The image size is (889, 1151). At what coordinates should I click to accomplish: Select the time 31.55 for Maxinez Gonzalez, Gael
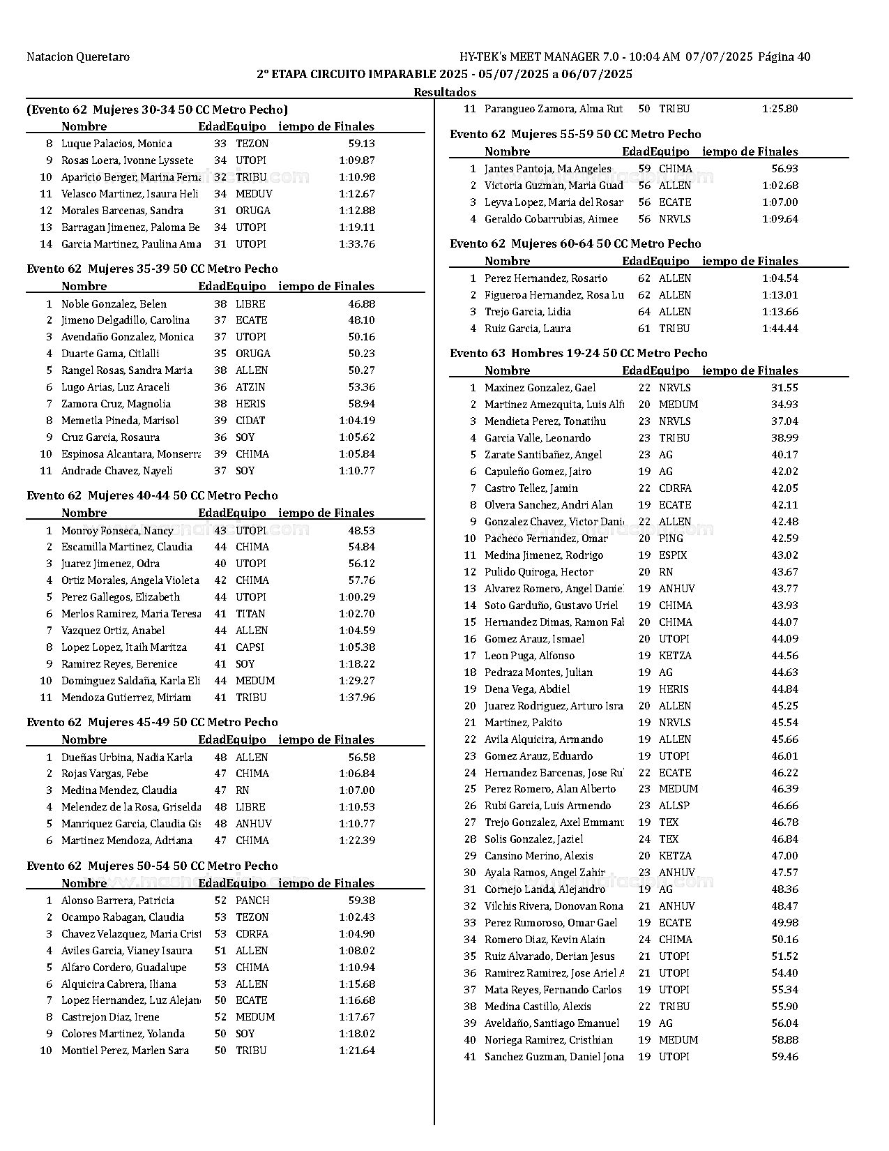pyautogui.click(x=784, y=388)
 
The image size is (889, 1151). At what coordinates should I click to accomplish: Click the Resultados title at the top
pyautogui.click(x=444, y=92)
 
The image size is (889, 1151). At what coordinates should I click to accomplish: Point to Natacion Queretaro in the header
pyautogui.click(x=78, y=57)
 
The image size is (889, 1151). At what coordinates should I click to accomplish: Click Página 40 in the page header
pyautogui.click(x=784, y=57)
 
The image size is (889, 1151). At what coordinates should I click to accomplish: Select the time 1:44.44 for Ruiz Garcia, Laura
pyautogui.click(x=780, y=329)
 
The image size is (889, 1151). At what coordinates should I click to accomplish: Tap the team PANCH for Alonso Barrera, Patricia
pyautogui.click(x=252, y=901)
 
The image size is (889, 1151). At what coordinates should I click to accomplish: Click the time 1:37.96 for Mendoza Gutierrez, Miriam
pyautogui.click(x=356, y=698)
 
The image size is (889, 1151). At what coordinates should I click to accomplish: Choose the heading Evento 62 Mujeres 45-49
pyautogui.click(x=152, y=723)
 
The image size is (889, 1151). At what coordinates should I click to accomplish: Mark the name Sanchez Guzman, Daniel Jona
pyautogui.click(x=554, y=1057)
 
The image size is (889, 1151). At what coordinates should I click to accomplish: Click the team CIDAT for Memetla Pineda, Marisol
pyautogui.click(x=250, y=421)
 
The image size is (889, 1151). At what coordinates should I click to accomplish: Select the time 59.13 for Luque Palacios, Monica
pyautogui.click(x=361, y=144)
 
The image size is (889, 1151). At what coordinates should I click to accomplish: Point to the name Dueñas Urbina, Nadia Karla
pyautogui.click(x=126, y=758)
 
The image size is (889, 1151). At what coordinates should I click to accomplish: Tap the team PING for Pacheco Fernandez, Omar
pyautogui.click(x=671, y=539)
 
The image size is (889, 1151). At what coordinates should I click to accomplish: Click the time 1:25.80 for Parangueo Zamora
pyautogui.click(x=780, y=109)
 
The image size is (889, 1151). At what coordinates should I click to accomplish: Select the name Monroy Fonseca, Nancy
pyautogui.click(x=117, y=531)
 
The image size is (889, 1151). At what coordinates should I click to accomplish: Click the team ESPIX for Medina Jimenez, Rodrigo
pyautogui.click(x=672, y=555)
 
